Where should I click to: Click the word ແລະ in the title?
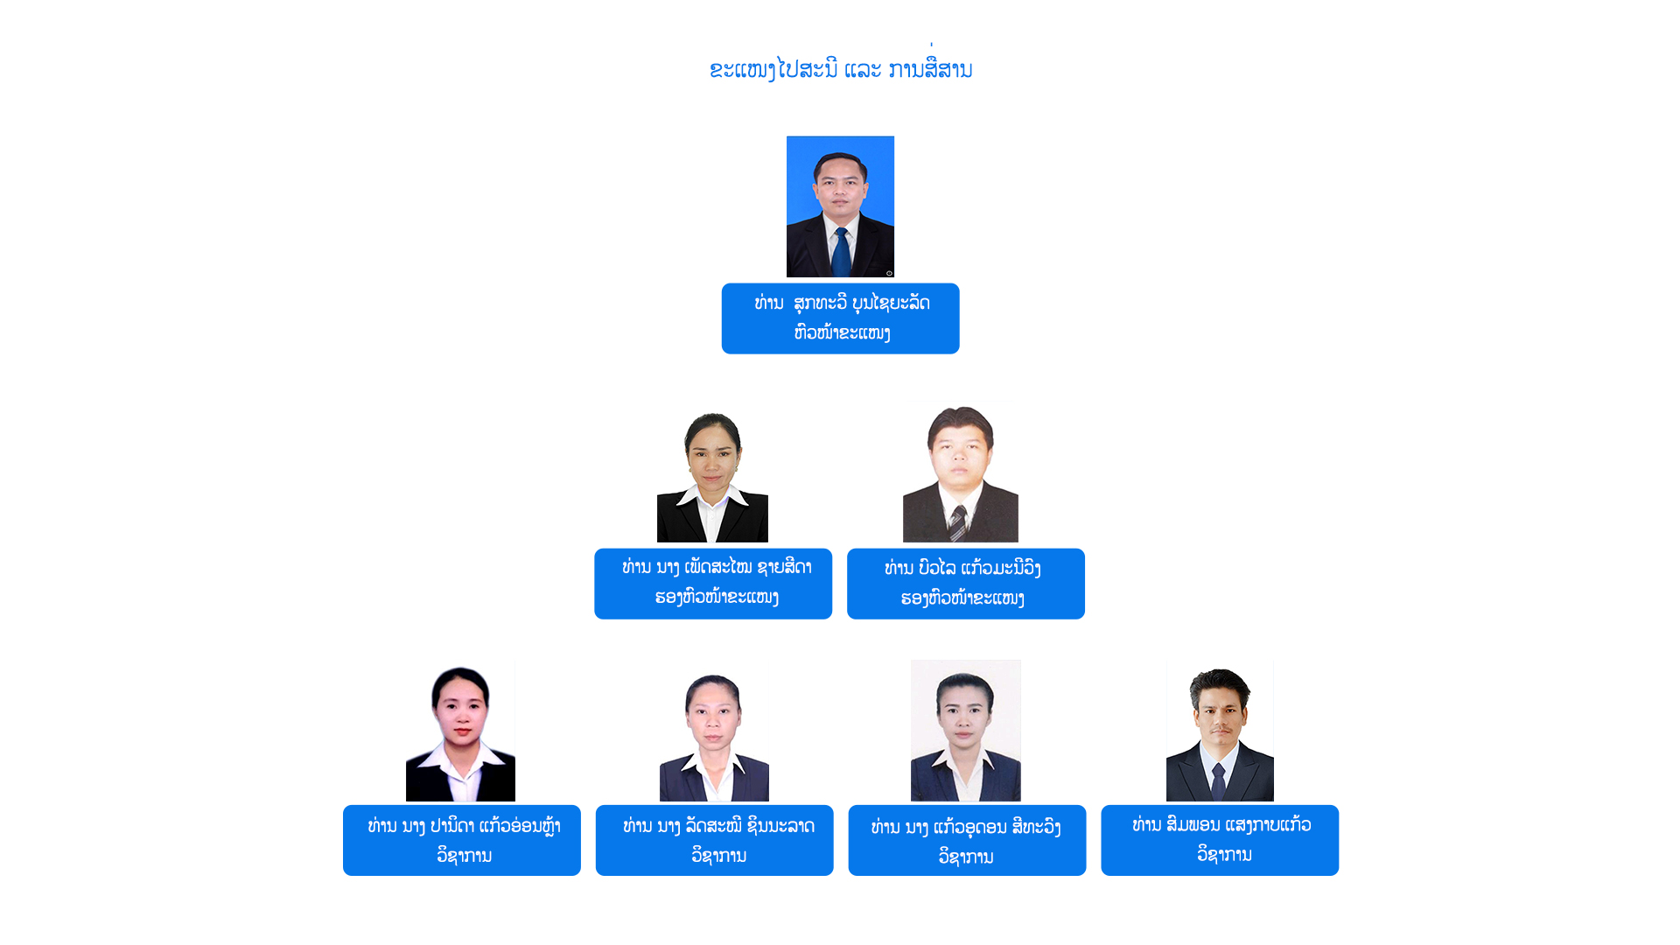click(x=863, y=69)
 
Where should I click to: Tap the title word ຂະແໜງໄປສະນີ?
click(x=773, y=69)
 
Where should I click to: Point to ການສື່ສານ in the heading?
click(x=930, y=69)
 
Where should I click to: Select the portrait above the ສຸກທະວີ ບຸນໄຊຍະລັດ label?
click(x=840, y=206)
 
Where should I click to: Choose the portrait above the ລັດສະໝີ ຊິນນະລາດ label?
click(x=714, y=736)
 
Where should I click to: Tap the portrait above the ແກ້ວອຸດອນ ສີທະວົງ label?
click(x=965, y=731)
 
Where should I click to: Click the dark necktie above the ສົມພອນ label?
click(x=1218, y=780)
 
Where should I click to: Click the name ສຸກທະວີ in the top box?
click(x=820, y=304)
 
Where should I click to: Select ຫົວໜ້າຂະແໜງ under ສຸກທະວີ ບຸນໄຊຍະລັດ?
click(x=842, y=333)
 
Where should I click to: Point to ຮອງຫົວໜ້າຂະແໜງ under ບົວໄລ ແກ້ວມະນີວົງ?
click(x=962, y=598)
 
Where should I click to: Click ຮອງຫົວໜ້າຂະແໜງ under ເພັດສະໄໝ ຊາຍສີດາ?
click(x=717, y=598)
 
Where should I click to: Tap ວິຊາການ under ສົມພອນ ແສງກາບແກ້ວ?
click(x=1224, y=854)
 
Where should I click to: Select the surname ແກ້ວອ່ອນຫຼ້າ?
click(x=520, y=826)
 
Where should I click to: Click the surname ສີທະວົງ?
click(x=1035, y=827)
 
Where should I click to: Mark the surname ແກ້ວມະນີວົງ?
click(x=1000, y=569)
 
